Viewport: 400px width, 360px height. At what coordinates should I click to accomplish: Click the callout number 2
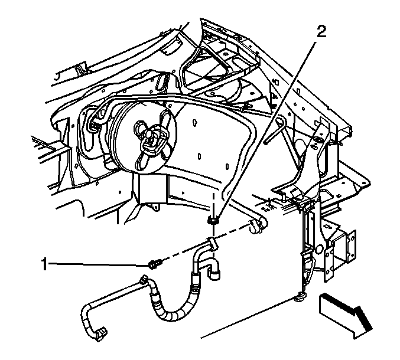click(321, 32)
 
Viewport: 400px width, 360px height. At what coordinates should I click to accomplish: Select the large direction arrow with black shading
click(345, 316)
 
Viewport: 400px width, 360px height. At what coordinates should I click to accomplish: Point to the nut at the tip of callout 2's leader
click(213, 220)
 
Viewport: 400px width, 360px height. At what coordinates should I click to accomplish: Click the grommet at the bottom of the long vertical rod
click(300, 297)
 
